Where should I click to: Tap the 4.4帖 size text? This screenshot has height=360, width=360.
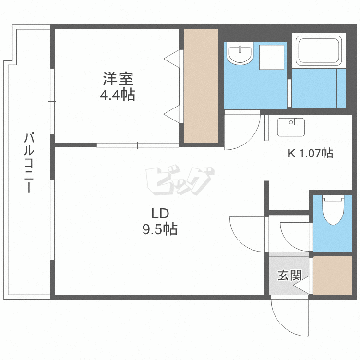(x=117, y=95)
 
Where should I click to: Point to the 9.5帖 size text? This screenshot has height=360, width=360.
(x=159, y=229)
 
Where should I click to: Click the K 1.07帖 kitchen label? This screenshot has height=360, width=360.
(x=310, y=154)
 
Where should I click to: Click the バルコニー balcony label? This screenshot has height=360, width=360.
(x=29, y=163)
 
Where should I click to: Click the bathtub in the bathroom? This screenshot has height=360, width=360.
(x=319, y=50)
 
